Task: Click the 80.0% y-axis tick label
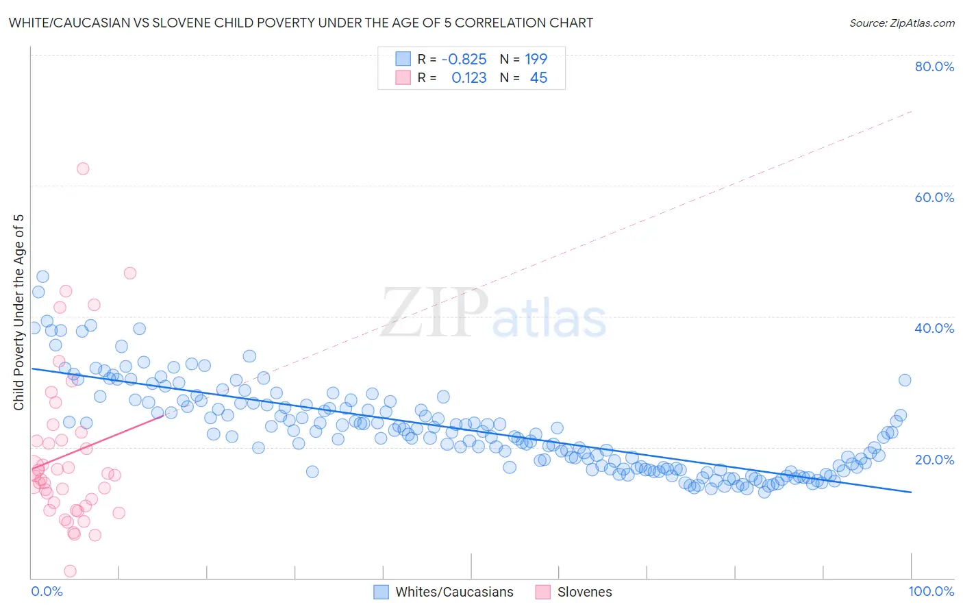point(934,66)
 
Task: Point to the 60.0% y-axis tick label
point(934,197)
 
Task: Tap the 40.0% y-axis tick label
point(934,328)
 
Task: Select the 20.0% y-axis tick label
point(934,459)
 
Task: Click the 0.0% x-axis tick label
point(47,591)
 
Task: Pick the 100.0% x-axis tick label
point(931,591)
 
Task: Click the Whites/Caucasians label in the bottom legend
point(454,592)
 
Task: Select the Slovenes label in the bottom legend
point(584,592)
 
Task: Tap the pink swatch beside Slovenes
point(542,592)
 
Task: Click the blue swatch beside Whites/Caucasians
point(381,592)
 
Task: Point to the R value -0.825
point(464,59)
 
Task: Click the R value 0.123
point(468,78)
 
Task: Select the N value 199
point(536,59)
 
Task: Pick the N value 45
point(538,78)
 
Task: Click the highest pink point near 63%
point(83,169)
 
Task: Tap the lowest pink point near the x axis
point(70,571)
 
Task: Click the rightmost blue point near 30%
point(905,380)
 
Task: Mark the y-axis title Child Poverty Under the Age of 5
point(19,312)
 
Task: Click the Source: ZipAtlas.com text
point(901,23)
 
